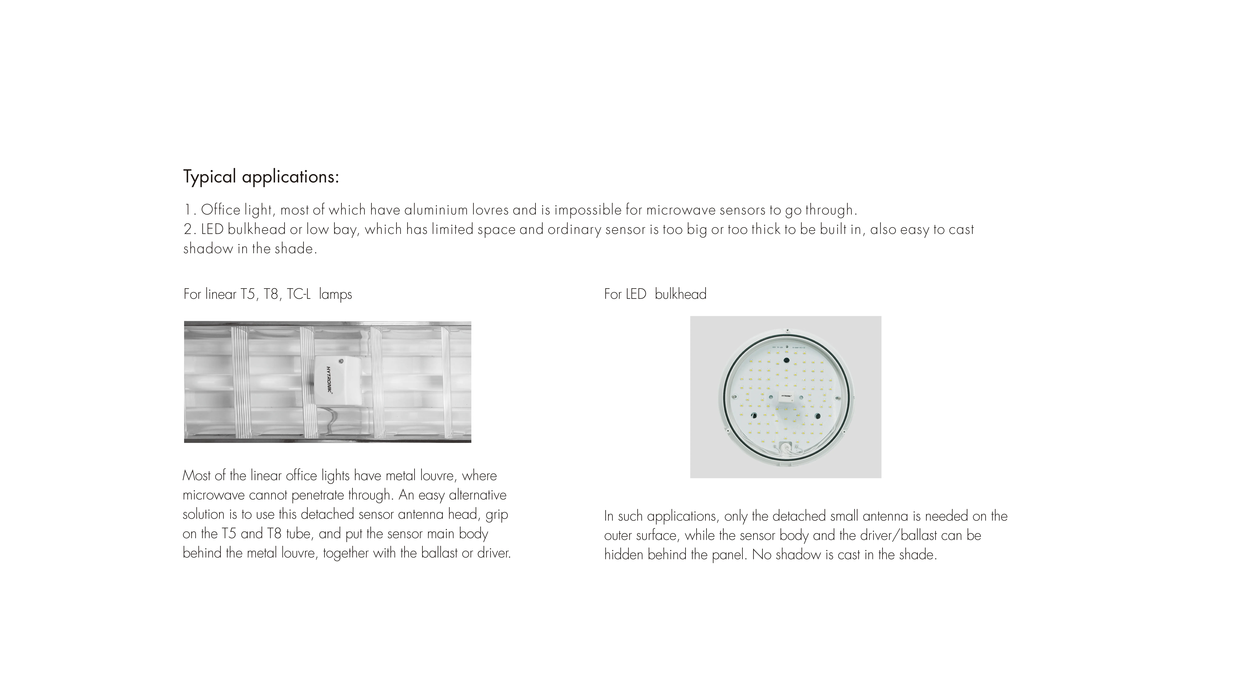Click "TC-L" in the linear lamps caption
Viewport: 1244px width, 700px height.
(298, 294)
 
